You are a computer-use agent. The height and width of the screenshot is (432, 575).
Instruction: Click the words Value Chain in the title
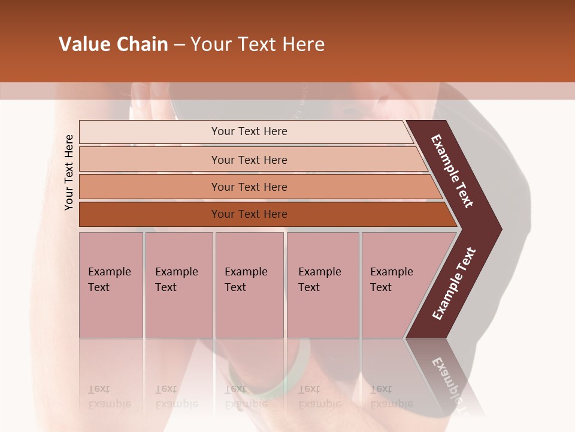[113, 44]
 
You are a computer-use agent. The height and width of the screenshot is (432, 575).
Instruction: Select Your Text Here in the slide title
[258, 44]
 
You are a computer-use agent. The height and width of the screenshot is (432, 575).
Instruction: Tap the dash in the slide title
[179, 45]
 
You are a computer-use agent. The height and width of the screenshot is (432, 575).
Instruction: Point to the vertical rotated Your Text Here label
[69, 172]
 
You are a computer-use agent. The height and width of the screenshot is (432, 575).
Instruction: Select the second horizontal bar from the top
[249, 160]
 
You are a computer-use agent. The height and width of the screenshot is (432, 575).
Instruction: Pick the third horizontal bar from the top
[249, 187]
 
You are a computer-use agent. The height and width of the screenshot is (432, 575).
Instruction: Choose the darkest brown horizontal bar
[249, 214]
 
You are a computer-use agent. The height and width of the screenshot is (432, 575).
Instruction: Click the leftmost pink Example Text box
[111, 285]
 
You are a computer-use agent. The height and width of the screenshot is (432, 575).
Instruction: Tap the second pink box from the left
[179, 285]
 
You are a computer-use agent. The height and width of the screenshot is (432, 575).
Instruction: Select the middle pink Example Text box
[249, 285]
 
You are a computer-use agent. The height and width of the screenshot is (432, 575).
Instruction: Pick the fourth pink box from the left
[322, 285]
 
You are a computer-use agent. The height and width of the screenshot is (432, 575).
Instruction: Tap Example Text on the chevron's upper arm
[452, 171]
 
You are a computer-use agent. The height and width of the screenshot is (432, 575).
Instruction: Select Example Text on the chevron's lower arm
[454, 284]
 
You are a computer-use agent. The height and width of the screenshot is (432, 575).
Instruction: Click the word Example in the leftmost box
[109, 272]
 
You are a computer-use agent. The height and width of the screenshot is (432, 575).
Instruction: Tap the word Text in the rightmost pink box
[381, 287]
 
